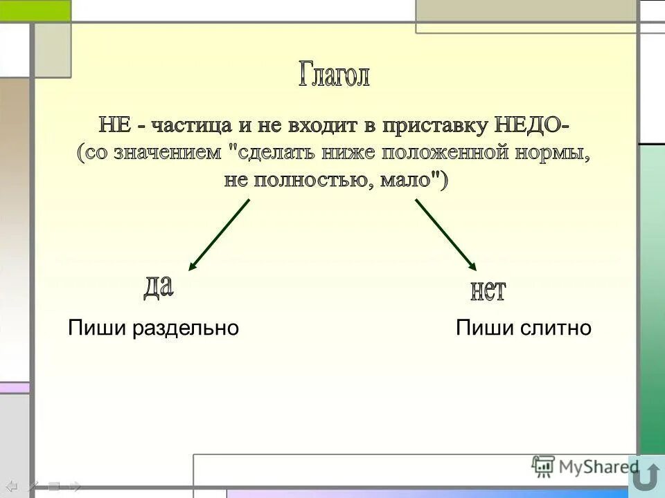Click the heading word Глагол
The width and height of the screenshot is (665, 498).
click(x=335, y=75)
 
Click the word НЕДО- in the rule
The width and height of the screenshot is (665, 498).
click(x=533, y=126)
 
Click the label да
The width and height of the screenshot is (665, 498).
click(x=158, y=286)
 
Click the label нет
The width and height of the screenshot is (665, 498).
click(x=488, y=290)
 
